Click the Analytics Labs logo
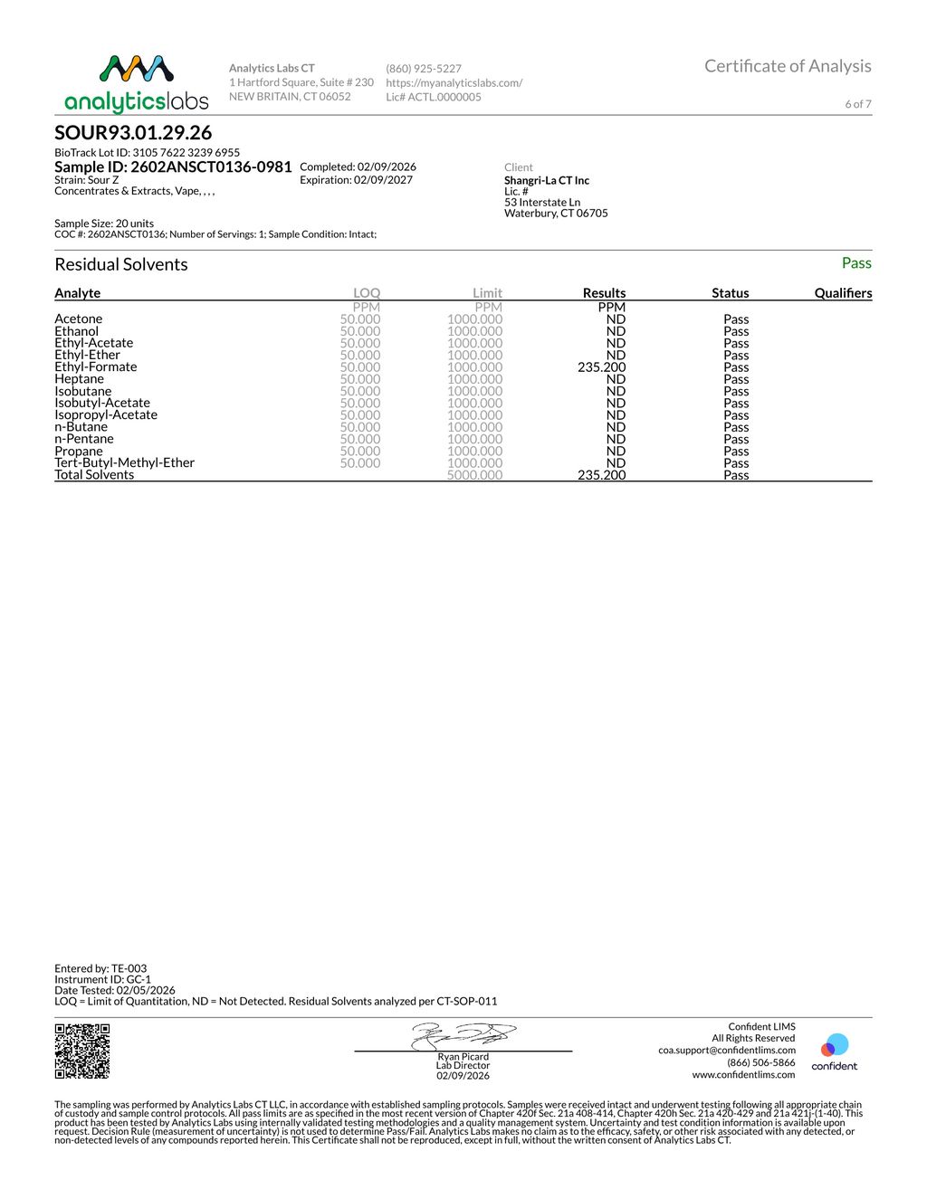tap(137, 84)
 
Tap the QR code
tap(82, 1051)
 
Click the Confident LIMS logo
tap(834, 1052)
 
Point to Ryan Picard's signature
tap(463, 1036)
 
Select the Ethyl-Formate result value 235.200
tap(601, 367)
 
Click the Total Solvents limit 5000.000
tap(474, 475)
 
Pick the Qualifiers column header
tap(843, 293)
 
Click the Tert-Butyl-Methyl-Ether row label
tap(124, 463)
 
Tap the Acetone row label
tap(78, 319)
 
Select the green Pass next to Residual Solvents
tap(855, 263)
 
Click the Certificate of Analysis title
tap(788, 66)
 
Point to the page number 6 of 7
tap(857, 104)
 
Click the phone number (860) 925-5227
tap(424, 69)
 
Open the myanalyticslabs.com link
tap(454, 83)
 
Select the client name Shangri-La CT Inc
tap(547, 181)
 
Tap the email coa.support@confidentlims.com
tap(726, 1051)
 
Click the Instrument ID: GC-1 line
tap(102, 979)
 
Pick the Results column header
tap(604, 293)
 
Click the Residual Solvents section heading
tap(121, 264)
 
